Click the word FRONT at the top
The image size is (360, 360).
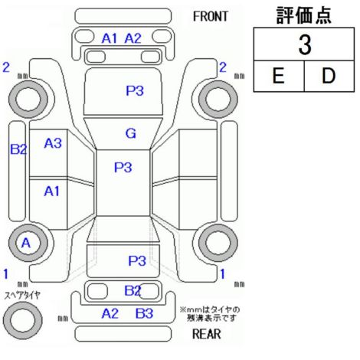pos(210,17)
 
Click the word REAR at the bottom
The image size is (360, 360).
pos(206,334)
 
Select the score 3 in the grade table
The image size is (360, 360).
pos(305,45)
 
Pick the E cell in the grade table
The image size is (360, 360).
pos(278,76)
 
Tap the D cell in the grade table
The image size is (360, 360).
pos(329,76)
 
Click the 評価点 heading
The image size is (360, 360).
pos(303,15)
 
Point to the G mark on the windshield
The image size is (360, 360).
pos(131,133)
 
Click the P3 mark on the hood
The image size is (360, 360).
pos(135,90)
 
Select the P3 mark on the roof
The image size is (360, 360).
pos(123,168)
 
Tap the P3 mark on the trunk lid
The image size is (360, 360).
pos(137,260)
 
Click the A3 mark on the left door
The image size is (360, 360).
pos(53,143)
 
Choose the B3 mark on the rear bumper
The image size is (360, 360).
pos(144,313)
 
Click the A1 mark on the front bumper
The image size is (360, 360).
pos(110,38)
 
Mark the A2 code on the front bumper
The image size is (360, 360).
pos(133,38)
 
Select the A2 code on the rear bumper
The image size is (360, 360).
pos(110,313)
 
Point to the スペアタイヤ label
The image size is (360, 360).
pos(22,296)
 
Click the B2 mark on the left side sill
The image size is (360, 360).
pos(18,149)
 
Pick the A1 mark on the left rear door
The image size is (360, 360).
pos(51,191)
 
